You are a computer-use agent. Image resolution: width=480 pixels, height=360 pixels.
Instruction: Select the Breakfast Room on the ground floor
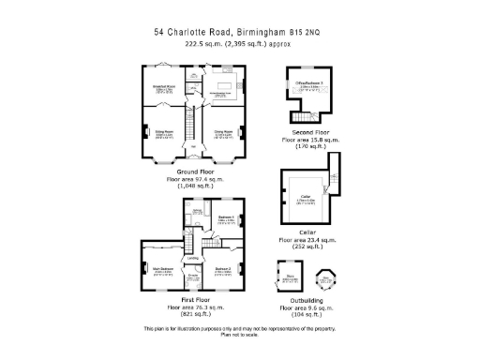tap(166, 89)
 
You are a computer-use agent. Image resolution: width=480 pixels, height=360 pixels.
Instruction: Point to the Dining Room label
tap(224, 134)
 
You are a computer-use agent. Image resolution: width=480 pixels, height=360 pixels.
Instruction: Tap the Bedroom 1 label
tap(226, 220)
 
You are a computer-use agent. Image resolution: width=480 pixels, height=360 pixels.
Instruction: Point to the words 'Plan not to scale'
tap(240, 336)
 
